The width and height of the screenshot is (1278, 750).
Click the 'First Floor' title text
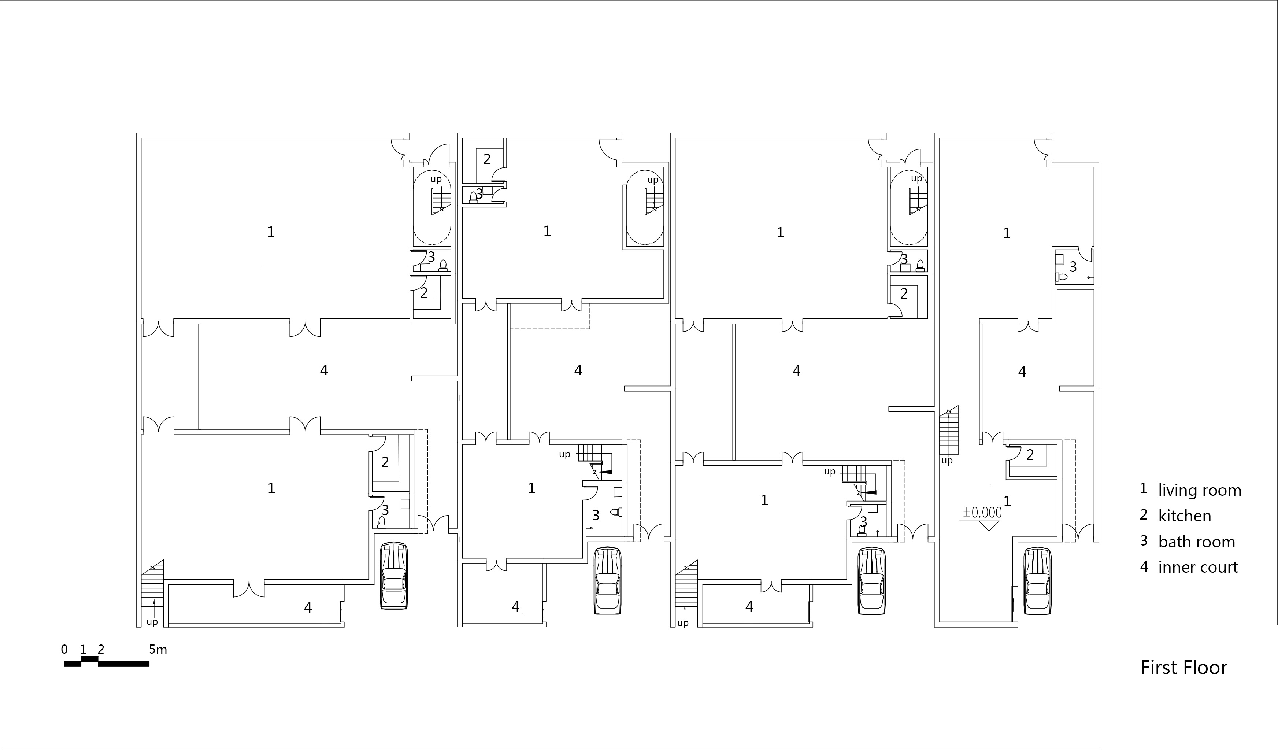click(x=1183, y=668)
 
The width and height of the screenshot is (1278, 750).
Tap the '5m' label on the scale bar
click(x=158, y=649)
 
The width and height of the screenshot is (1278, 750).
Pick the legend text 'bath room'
click(x=1197, y=542)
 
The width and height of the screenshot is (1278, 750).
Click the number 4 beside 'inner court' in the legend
click(x=1144, y=566)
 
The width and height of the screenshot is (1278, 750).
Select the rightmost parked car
click(x=1038, y=580)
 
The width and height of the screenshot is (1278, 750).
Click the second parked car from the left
click(x=608, y=580)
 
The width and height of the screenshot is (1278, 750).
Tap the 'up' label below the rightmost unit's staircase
click(x=947, y=461)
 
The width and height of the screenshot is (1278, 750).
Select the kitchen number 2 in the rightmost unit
click(x=1030, y=455)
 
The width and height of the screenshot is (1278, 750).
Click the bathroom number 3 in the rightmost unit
click(x=1073, y=266)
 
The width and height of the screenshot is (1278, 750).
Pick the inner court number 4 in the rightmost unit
click(x=1022, y=372)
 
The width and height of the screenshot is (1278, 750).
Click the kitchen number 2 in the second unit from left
click(x=487, y=159)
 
